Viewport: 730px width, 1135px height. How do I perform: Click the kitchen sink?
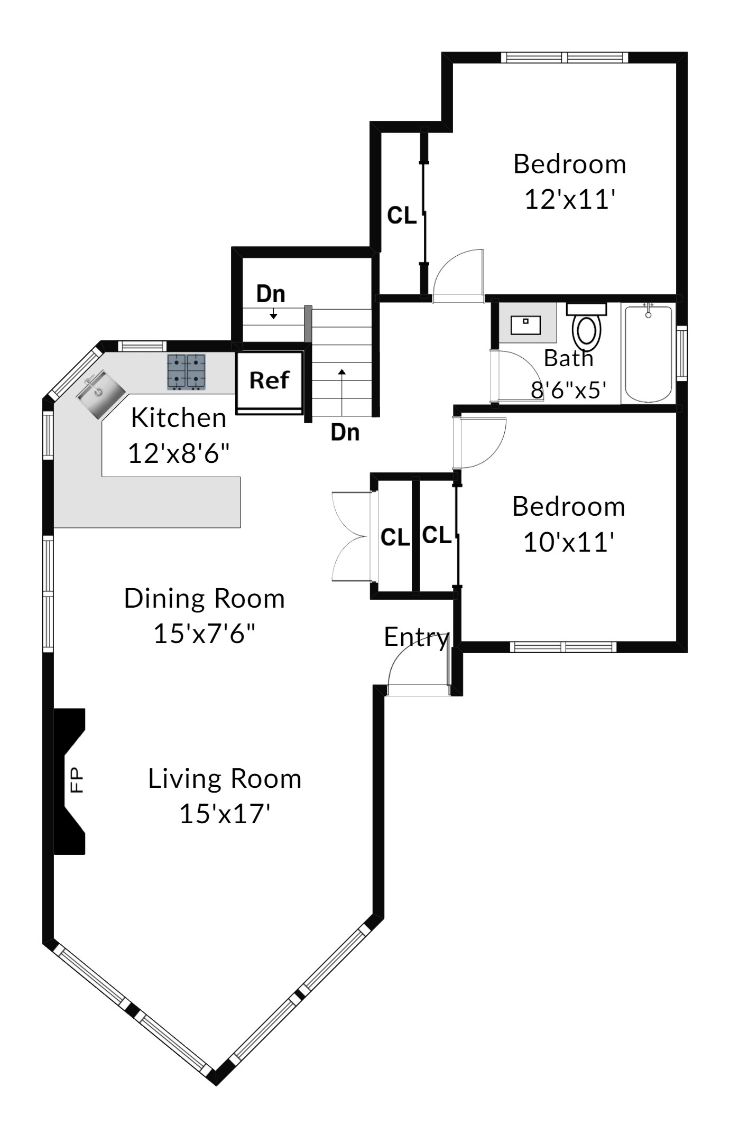(x=100, y=394)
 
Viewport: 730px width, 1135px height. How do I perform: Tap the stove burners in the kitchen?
(x=186, y=372)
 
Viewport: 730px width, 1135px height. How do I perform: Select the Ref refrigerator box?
(x=269, y=382)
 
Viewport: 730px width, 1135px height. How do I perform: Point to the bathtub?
(x=649, y=353)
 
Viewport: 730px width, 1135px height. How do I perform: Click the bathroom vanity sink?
(x=525, y=325)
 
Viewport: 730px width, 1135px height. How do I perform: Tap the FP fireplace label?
(x=77, y=780)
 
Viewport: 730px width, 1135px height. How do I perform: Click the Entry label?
(x=417, y=638)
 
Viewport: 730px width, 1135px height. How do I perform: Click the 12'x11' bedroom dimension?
(x=570, y=200)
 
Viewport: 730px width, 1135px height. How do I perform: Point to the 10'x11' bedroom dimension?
(x=569, y=542)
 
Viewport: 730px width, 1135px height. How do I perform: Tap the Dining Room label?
(x=205, y=599)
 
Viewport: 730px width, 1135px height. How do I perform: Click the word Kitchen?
(x=179, y=418)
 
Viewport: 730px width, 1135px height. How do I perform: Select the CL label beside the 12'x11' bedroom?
(x=402, y=216)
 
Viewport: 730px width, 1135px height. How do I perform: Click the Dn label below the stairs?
(x=345, y=433)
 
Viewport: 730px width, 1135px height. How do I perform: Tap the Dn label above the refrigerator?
(x=271, y=294)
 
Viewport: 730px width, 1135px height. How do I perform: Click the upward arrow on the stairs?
(x=342, y=393)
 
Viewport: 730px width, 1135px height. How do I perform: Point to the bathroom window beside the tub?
(x=682, y=353)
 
